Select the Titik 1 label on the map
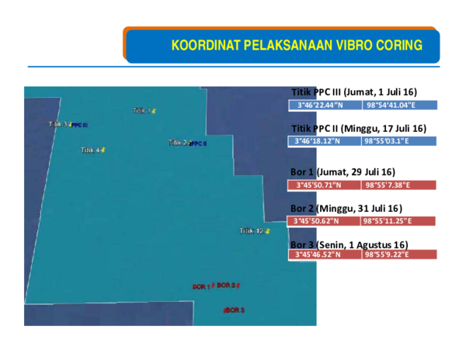point(142,110)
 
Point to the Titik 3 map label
point(58,123)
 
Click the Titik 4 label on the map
point(91,150)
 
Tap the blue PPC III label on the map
point(79,125)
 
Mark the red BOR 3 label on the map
point(235,310)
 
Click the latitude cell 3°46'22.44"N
point(325,105)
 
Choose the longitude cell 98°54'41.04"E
point(398,105)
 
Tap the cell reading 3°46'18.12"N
point(325,141)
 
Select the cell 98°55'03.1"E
point(398,141)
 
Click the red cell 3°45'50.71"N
point(325,185)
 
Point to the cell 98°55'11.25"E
point(398,221)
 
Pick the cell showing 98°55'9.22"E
point(398,254)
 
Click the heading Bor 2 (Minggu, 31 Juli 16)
point(346,208)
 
